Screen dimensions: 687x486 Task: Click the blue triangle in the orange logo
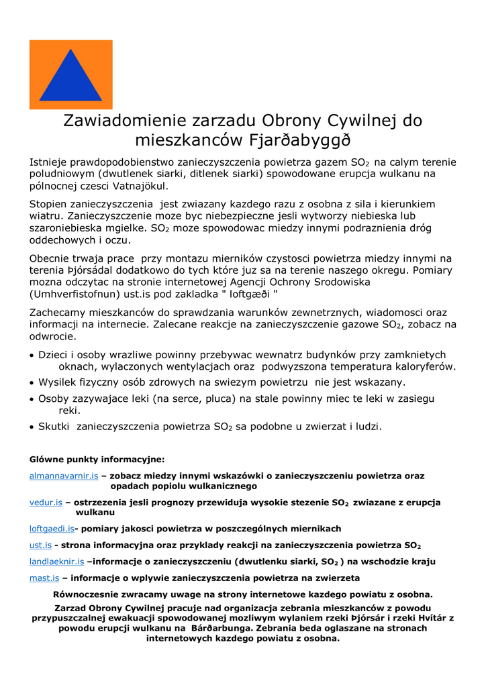click(70, 78)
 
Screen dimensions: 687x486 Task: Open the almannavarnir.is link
click(64, 476)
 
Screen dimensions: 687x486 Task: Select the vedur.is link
click(46, 502)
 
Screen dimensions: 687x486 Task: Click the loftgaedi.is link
click(52, 529)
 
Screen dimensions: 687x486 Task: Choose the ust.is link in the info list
click(40, 545)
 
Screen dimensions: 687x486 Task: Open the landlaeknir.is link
click(56, 562)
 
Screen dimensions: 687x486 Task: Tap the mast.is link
click(44, 578)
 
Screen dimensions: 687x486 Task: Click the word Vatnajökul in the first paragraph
click(140, 186)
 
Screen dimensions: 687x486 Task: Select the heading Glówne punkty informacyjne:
click(97, 460)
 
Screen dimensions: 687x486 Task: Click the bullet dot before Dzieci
click(32, 356)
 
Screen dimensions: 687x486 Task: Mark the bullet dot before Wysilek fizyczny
click(32, 383)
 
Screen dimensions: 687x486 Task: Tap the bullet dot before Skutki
click(32, 427)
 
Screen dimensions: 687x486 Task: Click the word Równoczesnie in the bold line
click(85, 594)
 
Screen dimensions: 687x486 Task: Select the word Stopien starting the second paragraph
click(50, 203)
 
